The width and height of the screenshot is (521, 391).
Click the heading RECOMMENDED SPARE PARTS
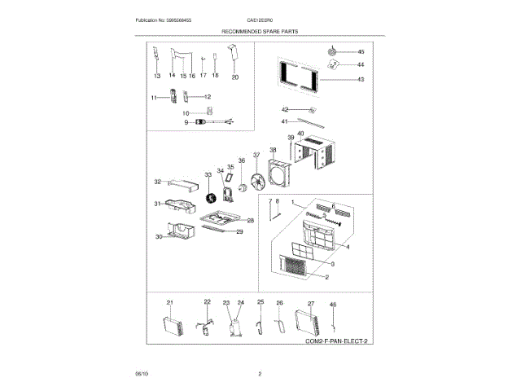click(x=260, y=30)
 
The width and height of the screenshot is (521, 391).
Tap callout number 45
click(x=361, y=52)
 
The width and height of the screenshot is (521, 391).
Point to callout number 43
click(x=361, y=80)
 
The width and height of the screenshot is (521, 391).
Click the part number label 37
click(x=256, y=154)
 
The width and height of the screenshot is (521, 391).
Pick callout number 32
click(x=158, y=182)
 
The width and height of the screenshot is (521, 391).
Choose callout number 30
click(x=160, y=237)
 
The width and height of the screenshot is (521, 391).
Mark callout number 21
click(x=170, y=302)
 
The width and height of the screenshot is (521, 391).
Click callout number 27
click(x=310, y=302)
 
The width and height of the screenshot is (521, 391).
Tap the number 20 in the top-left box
click(x=235, y=76)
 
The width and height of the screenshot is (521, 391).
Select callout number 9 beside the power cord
click(x=186, y=121)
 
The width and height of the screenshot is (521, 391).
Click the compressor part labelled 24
click(x=237, y=327)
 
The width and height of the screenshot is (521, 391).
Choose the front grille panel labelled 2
click(x=296, y=265)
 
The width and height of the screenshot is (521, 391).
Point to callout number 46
click(x=332, y=304)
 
